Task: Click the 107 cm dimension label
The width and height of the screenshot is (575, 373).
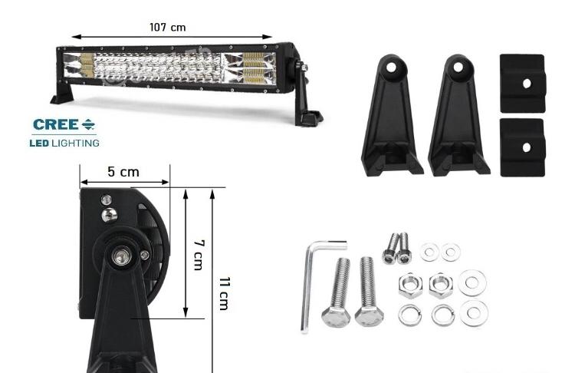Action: (167, 27)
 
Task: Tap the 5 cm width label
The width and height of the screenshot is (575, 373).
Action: (123, 172)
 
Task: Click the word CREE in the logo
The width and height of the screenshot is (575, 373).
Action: (55, 124)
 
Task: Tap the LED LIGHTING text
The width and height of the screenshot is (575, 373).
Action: (65, 143)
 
